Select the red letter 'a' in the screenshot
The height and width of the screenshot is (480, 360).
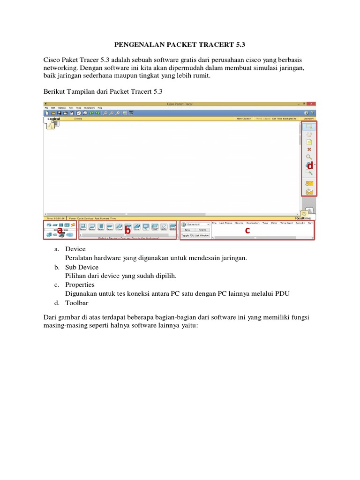click(60, 229)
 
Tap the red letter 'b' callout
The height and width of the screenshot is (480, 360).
click(127, 230)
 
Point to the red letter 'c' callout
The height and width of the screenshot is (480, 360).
click(247, 230)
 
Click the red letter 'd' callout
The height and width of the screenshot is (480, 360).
click(310, 165)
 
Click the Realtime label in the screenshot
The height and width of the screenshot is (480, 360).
click(304, 218)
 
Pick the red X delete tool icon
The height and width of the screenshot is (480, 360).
click(309, 150)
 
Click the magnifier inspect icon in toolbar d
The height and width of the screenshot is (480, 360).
click(309, 157)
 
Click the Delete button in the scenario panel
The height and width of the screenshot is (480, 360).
click(202, 230)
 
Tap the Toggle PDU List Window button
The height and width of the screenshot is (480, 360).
click(195, 235)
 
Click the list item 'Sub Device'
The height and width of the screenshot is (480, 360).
click(82, 267)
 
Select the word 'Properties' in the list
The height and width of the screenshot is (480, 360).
click(80, 285)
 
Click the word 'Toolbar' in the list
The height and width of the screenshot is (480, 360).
click(77, 302)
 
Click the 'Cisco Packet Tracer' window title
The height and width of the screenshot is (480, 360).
click(180, 104)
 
